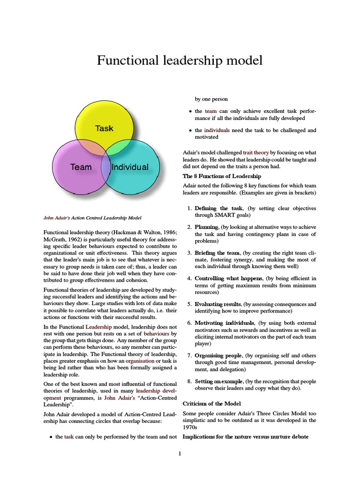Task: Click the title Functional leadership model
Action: [180, 60]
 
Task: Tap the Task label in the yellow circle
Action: [104, 128]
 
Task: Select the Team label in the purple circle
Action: [81, 167]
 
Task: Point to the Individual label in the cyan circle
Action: [130, 167]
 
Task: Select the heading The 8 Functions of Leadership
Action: [221, 176]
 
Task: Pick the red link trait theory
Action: [255, 152]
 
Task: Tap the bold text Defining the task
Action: [218, 208]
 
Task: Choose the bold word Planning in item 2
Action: [207, 227]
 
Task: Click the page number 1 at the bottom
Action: [180, 454]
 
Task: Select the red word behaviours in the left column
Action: [157, 333]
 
